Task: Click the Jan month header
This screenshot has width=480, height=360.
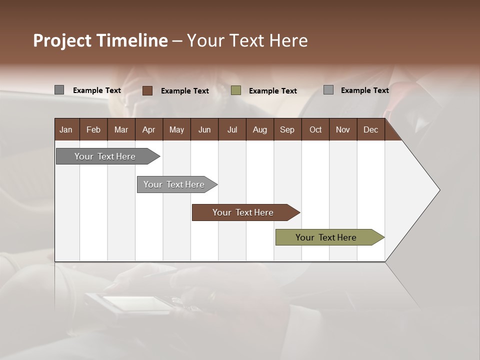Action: point(66,129)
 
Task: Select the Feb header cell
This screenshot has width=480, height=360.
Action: point(93,129)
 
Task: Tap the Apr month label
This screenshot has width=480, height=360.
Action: point(148,129)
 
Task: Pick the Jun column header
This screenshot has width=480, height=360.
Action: point(204,129)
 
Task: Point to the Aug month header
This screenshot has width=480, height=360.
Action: point(259,129)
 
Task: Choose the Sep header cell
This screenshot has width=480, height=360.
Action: point(287,129)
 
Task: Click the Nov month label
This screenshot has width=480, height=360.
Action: point(342,129)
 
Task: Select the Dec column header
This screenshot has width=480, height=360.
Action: point(370,129)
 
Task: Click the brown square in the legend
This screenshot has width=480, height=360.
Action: point(147,90)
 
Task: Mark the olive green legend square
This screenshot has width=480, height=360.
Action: point(236,90)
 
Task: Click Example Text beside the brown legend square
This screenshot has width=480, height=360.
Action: point(184,91)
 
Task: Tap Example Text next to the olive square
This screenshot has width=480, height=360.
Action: point(272,91)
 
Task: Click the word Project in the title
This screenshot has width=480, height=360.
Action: point(62,40)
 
